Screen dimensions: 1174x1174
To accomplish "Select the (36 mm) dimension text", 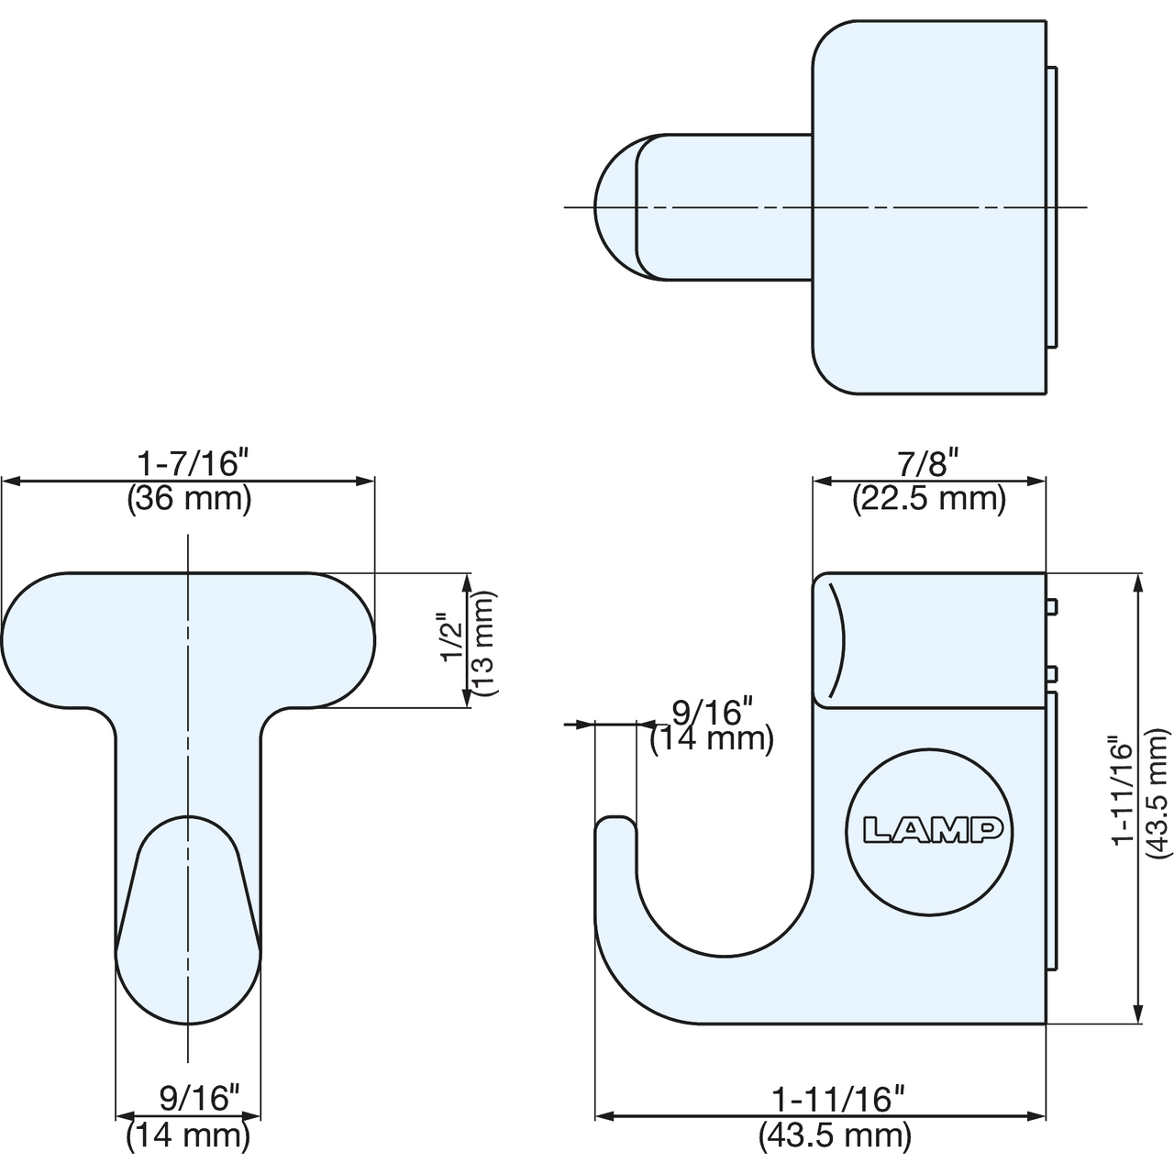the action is (189, 500).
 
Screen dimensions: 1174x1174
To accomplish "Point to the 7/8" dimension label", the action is (928, 463).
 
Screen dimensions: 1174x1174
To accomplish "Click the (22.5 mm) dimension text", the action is (928, 500).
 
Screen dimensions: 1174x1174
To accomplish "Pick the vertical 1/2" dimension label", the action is (452, 637).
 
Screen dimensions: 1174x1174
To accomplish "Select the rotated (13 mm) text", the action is (485, 643).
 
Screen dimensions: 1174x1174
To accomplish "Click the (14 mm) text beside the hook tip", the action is (712, 738).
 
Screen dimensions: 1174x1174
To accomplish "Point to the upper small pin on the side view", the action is (1051, 607).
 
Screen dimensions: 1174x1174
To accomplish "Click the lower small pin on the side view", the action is (1051, 674).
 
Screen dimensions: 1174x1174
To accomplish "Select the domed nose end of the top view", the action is (615, 207).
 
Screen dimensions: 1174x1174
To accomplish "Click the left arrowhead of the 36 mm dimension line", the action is (12, 482).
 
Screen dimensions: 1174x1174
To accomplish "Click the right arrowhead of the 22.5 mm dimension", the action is (1036, 482).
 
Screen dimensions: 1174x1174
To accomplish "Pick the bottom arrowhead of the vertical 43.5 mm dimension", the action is (1136, 1013).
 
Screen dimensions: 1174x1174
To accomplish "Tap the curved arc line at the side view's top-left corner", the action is (839, 639).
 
